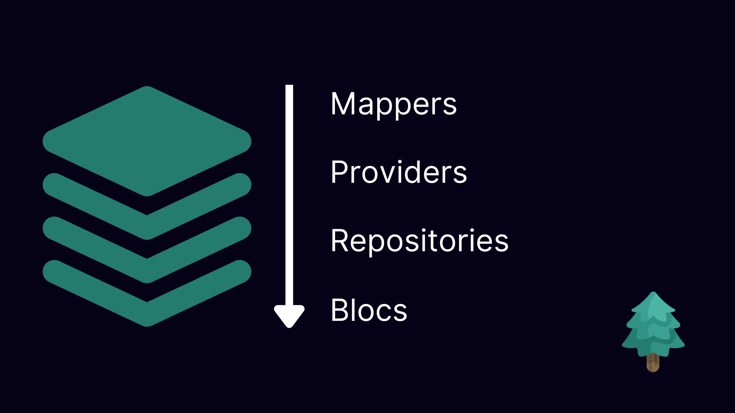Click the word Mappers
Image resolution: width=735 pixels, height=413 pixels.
[394, 104]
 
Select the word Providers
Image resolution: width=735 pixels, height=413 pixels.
[399, 172]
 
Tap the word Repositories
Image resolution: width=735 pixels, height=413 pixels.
[420, 241]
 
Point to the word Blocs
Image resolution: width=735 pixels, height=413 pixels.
[369, 310]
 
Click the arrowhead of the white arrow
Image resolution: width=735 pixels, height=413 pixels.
[289, 315]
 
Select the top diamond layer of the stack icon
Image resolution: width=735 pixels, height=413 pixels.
[147, 141]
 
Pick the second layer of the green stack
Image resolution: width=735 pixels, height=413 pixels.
[147, 226]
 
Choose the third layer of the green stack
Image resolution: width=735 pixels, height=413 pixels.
[147, 269]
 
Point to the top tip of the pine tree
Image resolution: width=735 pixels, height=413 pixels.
[653, 294]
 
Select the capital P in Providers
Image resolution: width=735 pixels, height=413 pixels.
[340, 172]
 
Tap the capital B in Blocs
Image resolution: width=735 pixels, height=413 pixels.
[340, 310]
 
